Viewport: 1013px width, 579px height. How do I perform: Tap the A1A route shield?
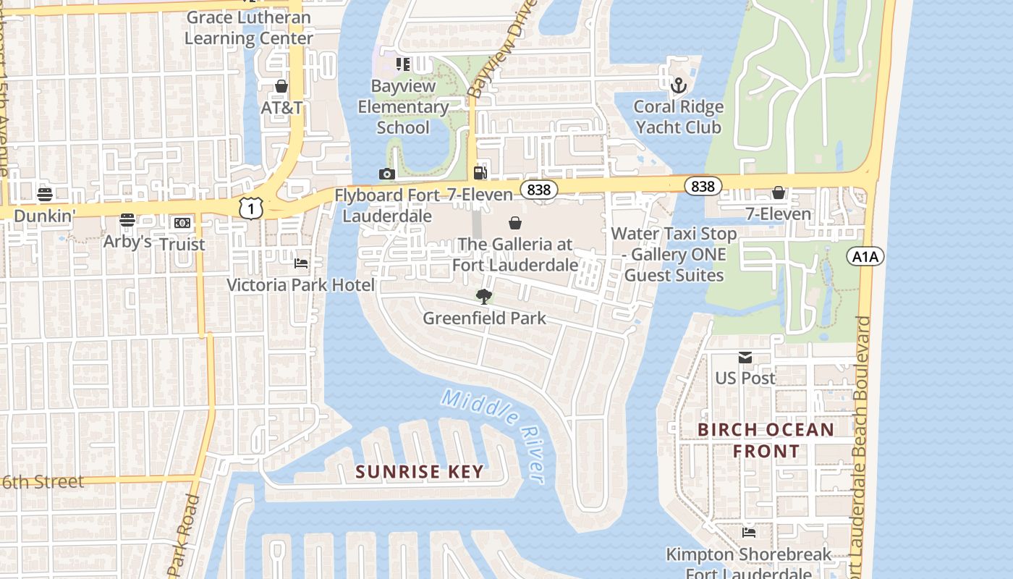click(865, 256)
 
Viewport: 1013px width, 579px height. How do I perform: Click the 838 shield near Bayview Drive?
click(539, 190)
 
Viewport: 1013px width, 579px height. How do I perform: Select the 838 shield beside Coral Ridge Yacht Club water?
click(702, 186)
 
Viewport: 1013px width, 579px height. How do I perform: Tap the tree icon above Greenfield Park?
click(483, 295)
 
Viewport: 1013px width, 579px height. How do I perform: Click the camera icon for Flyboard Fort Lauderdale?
click(387, 174)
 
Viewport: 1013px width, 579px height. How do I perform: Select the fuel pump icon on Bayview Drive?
click(480, 172)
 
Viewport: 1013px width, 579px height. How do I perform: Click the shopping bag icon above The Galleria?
click(515, 222)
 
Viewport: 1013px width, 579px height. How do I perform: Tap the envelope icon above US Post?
click(745, 357)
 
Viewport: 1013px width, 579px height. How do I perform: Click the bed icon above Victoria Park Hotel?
click(301, 263)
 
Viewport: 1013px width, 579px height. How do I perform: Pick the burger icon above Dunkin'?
click(45, 194)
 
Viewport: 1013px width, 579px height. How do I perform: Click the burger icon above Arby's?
click(127, 219)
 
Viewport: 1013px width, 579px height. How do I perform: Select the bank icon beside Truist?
click(182, 223)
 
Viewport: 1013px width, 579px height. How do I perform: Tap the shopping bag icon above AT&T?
click(281, 86)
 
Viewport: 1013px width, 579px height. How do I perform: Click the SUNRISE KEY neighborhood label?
click(419, 472)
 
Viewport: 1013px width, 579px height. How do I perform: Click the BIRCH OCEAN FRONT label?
click(766, 440)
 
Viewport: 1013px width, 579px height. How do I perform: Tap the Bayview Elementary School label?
click(403, 106)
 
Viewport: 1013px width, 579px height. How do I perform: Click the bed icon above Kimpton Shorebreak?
click(749, 533)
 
